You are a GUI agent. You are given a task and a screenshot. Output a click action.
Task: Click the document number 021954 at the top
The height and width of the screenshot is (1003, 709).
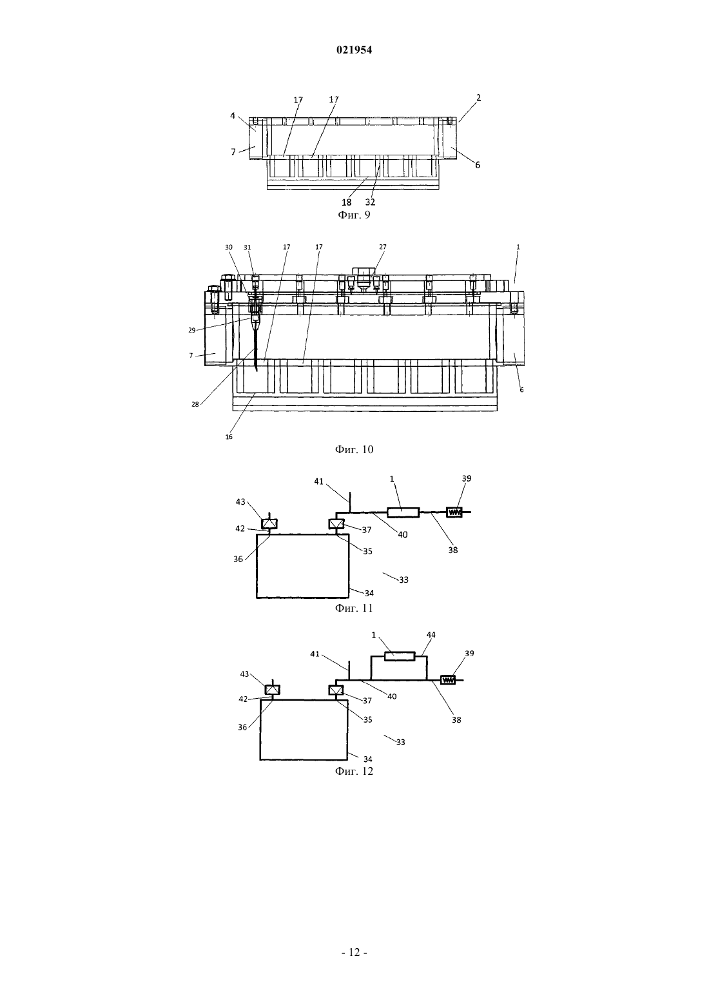click(x=354, y=50)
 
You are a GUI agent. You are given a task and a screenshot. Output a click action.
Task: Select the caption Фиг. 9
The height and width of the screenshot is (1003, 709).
click(x=354, y=215)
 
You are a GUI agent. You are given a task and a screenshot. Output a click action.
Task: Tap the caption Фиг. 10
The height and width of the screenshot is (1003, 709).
click(x=354, y=449)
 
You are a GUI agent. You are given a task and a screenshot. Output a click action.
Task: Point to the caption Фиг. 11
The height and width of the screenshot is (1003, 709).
click(x=354, y=608)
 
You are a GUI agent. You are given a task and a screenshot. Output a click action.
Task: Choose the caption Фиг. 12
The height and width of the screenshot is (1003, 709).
click(x=354, y=771)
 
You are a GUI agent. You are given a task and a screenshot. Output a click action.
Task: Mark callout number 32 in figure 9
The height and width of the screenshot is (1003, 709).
click(x=370, y=202)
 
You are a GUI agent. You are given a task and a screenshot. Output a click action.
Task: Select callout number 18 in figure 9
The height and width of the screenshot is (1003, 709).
click(x=347, y=202)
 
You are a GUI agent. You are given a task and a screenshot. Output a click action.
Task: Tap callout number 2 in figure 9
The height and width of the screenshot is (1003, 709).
click(x=478, y=97)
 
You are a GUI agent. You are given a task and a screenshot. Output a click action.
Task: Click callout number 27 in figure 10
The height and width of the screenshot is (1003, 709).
click(x=383, y=247)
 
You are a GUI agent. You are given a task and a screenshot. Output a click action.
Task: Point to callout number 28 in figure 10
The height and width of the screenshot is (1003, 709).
click(x=195, y=404)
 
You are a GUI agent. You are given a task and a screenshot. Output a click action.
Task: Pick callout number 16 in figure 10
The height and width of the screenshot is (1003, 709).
click(x=229, y=436)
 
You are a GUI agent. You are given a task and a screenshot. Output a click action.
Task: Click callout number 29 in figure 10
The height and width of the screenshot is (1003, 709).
click(x=192, y=331)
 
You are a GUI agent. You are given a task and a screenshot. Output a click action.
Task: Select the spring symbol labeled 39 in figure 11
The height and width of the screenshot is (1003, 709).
click(x=454, y=512)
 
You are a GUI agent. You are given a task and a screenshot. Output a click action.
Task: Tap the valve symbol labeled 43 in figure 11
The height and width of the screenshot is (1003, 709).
click(x=269, y=524)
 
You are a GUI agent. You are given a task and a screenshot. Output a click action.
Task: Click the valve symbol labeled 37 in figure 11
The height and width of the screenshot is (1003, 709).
click(x=336, y=524)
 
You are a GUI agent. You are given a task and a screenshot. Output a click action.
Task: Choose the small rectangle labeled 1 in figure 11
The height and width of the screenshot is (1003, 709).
click(x=403, y=512)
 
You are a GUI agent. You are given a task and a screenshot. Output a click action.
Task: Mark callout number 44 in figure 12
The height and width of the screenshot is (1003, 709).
click(x=431, y=634)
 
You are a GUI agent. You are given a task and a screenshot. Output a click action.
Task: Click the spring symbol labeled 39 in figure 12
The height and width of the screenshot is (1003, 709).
click(x=448, y=679)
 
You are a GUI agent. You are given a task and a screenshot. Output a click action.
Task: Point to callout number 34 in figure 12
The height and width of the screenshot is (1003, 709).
click(x=368, y=759)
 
